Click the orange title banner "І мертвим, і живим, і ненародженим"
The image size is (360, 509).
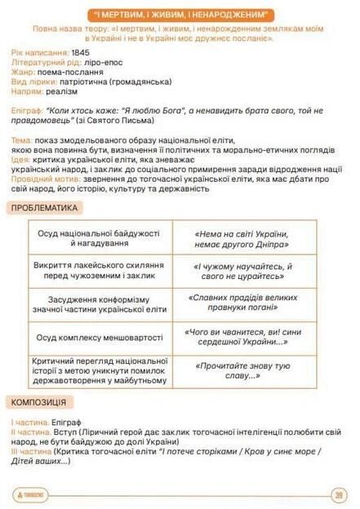pos(180,14)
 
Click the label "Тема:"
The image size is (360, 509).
pos(22,140)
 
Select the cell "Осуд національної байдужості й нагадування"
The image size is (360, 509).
pos(99,238)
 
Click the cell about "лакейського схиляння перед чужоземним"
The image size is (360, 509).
pos(99,271)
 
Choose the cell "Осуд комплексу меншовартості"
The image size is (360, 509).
pos(99,336)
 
